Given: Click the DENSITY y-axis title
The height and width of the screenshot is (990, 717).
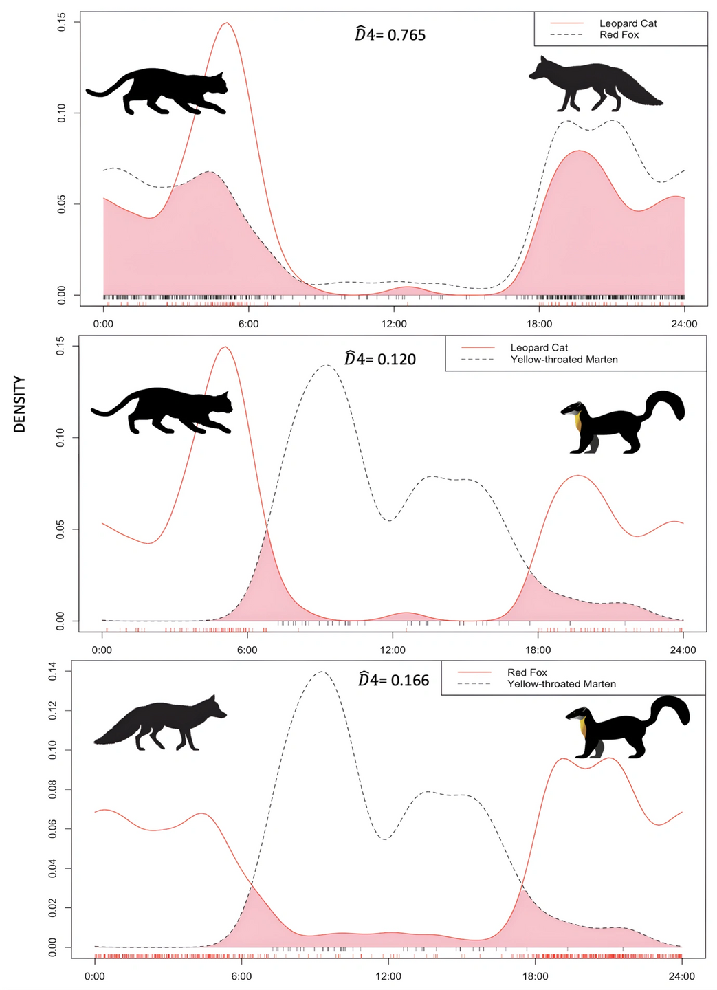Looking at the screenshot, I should [19, 404].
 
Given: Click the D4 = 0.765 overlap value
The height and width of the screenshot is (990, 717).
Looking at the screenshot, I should [390, 34].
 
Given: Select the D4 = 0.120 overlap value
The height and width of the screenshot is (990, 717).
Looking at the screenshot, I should [380, 359].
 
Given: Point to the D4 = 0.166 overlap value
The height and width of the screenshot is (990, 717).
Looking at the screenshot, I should [393, 680].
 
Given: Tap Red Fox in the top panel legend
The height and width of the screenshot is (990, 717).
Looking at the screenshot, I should [619, 35].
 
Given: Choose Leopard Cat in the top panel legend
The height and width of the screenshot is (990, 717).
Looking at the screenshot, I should [628, 23].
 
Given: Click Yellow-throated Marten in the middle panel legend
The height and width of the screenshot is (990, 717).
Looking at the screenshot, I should [564, 360].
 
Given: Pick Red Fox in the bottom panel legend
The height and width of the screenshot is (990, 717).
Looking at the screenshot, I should [527, 672].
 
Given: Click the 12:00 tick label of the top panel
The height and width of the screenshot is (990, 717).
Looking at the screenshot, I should [394, 324].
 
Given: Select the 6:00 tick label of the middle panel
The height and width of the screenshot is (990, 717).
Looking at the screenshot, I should [247, 650].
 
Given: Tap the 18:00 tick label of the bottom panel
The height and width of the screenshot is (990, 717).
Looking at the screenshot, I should [535, 976].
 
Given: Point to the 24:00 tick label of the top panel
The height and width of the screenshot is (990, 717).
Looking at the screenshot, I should [684, 324].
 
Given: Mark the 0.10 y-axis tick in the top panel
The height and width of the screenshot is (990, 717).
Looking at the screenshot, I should [62, 113].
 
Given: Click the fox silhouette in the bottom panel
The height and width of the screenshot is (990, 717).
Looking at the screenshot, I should [162, 723].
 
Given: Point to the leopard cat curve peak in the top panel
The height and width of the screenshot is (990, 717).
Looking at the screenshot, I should [226, 23].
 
